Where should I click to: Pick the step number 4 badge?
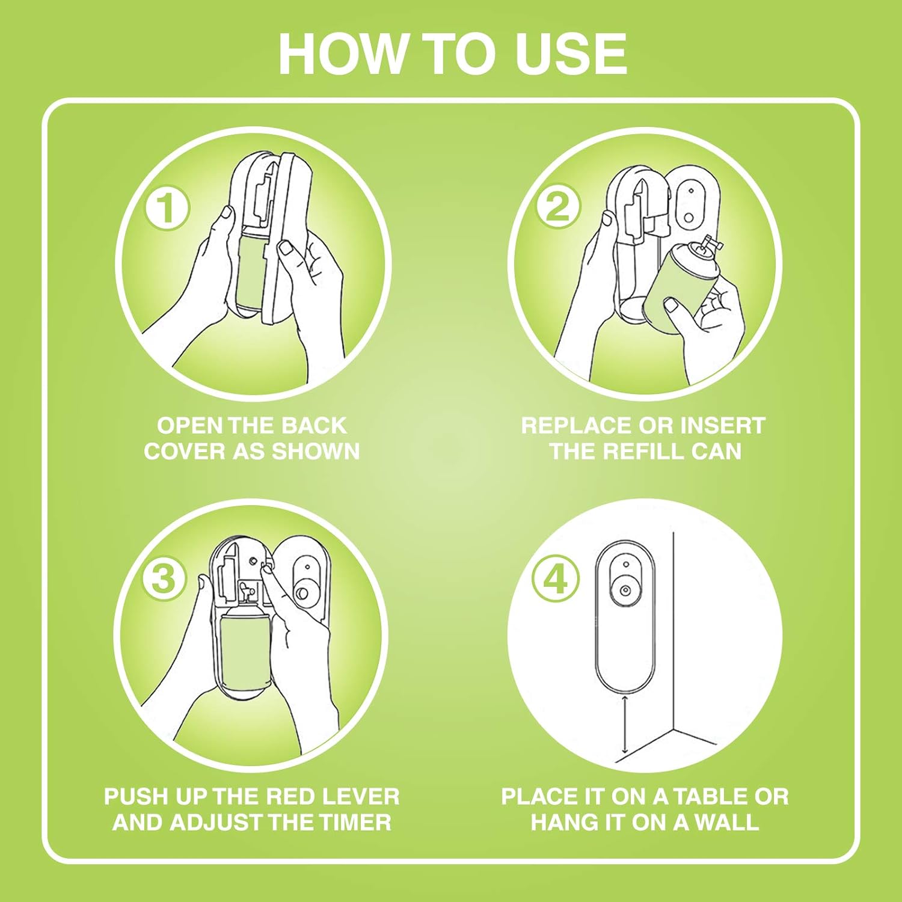coord(556,578)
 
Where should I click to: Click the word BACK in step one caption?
coord(314,426)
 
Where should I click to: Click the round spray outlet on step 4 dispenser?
coord(625,591)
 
